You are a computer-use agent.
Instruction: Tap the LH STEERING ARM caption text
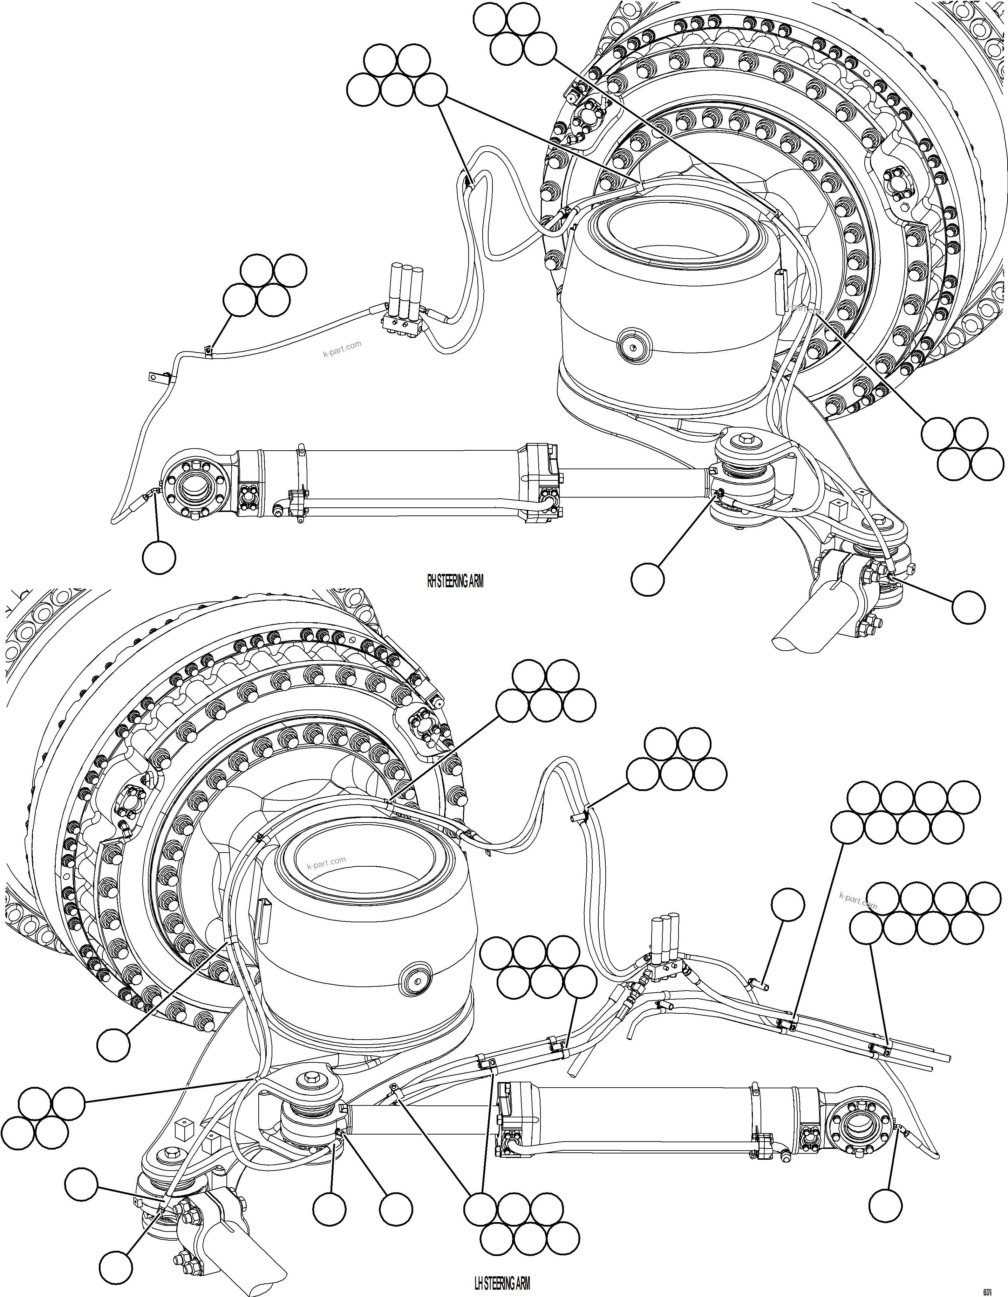[x=502, y=1283]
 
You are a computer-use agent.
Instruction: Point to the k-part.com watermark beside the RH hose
[x=342, y=349]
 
